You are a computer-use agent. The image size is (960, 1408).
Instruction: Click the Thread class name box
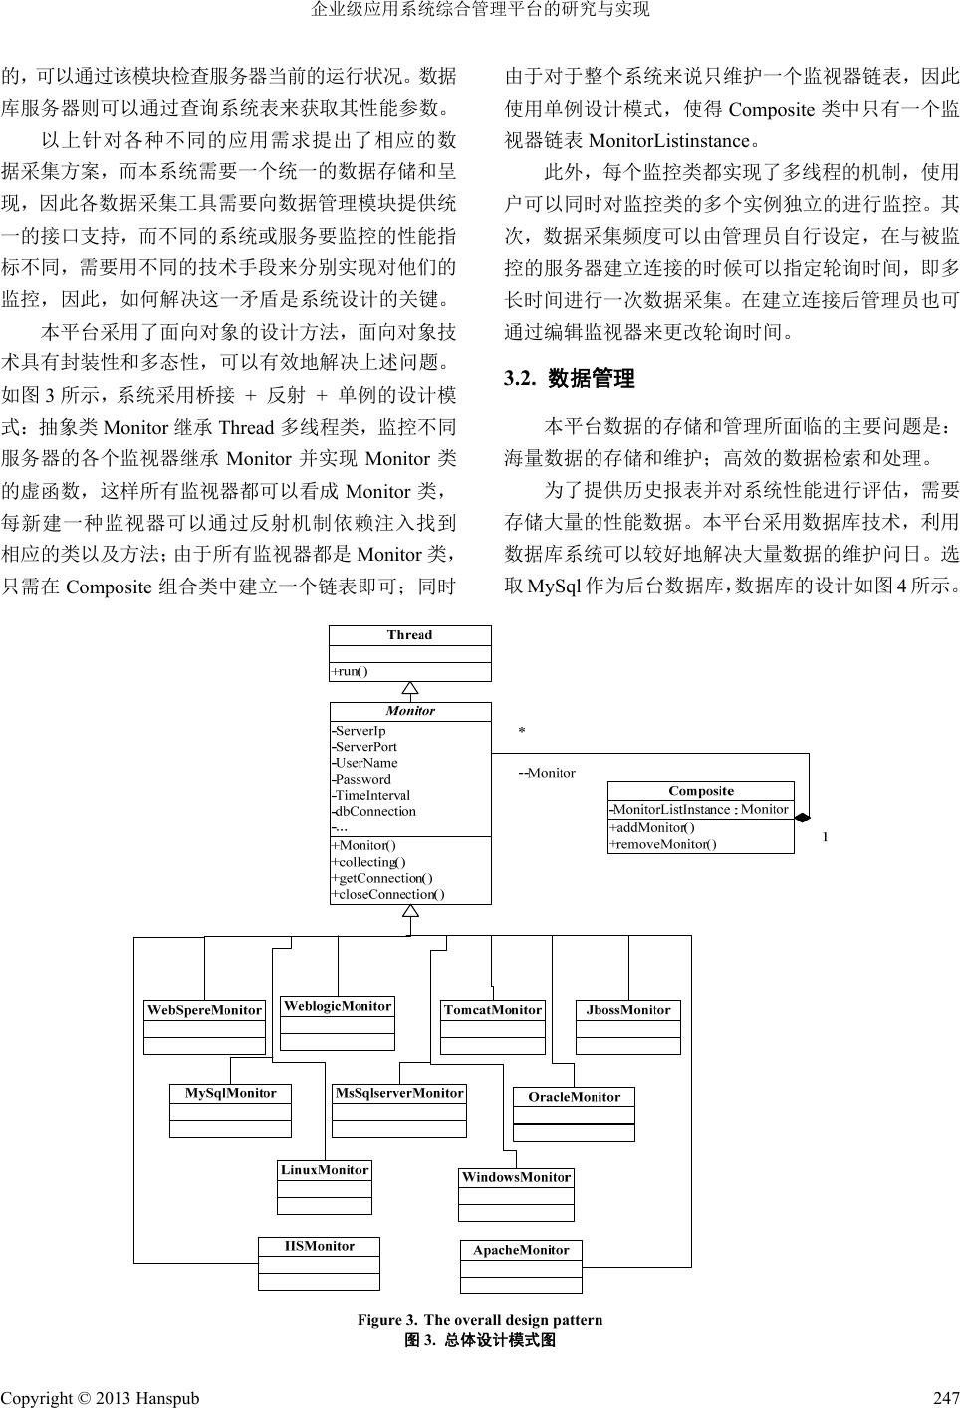click(410, 635)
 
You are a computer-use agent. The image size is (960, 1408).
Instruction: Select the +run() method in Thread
click(350, 671)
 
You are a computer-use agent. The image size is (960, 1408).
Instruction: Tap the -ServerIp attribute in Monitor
click(360, 731)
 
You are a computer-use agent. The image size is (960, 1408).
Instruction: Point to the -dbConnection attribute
click(374, 811)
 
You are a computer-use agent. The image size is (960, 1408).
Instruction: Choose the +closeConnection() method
click(387, 894)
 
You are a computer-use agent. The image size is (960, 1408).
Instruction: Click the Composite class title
click(701, 791)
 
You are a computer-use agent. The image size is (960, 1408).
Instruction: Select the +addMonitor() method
click(652, 827)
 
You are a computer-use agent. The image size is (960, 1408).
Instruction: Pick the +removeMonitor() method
click(662, 844)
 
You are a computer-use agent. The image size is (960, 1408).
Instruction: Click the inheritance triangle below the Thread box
click(410, 688)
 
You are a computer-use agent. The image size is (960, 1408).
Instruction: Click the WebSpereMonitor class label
click(204, 1010)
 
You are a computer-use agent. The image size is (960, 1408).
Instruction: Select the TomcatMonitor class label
click(493, 1010)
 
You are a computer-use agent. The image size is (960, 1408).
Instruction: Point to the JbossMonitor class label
click(628, 1010)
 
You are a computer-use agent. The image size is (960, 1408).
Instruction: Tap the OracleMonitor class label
click(574, 1097)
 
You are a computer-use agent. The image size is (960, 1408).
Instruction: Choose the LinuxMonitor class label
click(325, 1170)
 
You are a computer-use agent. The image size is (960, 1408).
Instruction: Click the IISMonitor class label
click(319, 1246)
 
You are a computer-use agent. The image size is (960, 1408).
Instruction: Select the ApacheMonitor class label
click(521, 1250)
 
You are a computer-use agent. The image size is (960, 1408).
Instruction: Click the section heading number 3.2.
click(521, 379)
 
